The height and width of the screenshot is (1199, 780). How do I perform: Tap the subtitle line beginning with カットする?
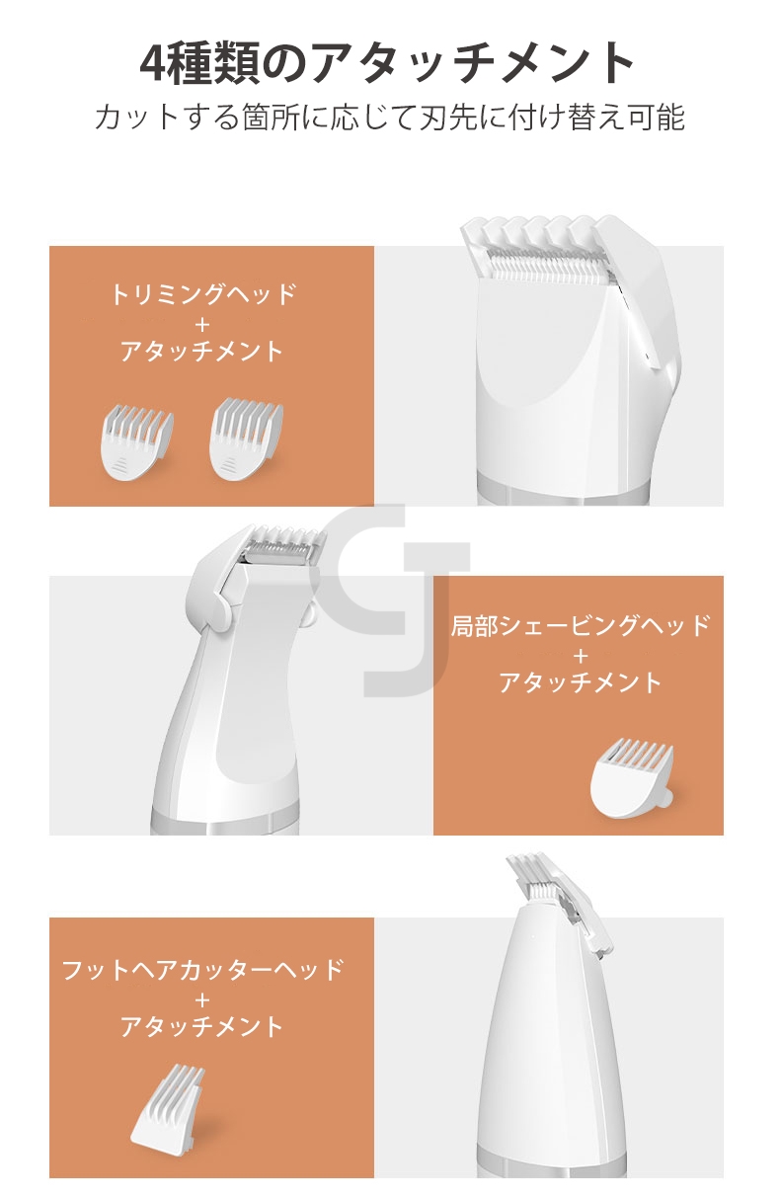click(389, 117)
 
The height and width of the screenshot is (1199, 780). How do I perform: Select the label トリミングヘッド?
click(202, 294)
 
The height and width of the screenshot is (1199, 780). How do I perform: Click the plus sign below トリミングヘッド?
click(202, 324)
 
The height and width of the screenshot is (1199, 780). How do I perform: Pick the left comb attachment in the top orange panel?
click(136, 441)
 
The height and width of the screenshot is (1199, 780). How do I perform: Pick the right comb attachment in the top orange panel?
click(246, 439)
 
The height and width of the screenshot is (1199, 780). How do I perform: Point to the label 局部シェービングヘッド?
click(580, 625)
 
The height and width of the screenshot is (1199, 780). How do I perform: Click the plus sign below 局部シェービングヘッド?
click(580, 656)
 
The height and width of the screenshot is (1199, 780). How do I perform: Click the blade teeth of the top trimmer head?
click(548, 265)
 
